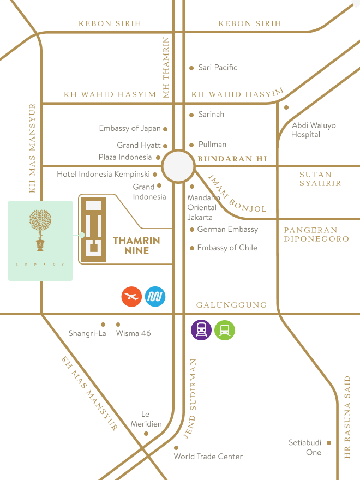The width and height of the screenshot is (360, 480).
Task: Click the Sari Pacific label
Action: [x=218, y=68]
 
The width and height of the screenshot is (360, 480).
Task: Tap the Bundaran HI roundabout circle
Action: [x=178, y=166]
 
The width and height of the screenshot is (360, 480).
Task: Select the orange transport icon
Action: [x=131, y=297]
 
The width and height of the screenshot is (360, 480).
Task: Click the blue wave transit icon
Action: [x=155, y=297]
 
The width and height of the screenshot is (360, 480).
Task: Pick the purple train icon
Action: [x=201, y=329]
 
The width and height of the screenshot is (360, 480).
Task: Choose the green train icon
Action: [x=225, y=329]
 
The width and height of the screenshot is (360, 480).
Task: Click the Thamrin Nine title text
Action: [x=136, y=245]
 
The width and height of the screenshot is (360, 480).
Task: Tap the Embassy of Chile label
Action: [x=227, y=248]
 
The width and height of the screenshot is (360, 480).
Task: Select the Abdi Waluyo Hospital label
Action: [x=313, y=130]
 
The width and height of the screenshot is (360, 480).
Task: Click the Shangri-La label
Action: [x=87, y=333]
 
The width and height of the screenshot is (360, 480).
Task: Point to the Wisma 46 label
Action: [x=133, y=333]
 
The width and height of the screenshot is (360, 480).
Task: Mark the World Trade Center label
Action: [x=208, y=457]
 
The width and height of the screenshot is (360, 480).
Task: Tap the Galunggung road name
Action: [x=231, y=305]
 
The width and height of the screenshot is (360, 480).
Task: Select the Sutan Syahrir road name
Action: [x=320, y=179]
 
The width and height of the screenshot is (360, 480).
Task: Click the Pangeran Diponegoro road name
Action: [x=316, y=235]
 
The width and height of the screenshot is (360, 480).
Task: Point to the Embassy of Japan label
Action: [x=130, y=129]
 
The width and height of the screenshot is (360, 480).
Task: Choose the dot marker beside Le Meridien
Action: [x=146, y=434]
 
